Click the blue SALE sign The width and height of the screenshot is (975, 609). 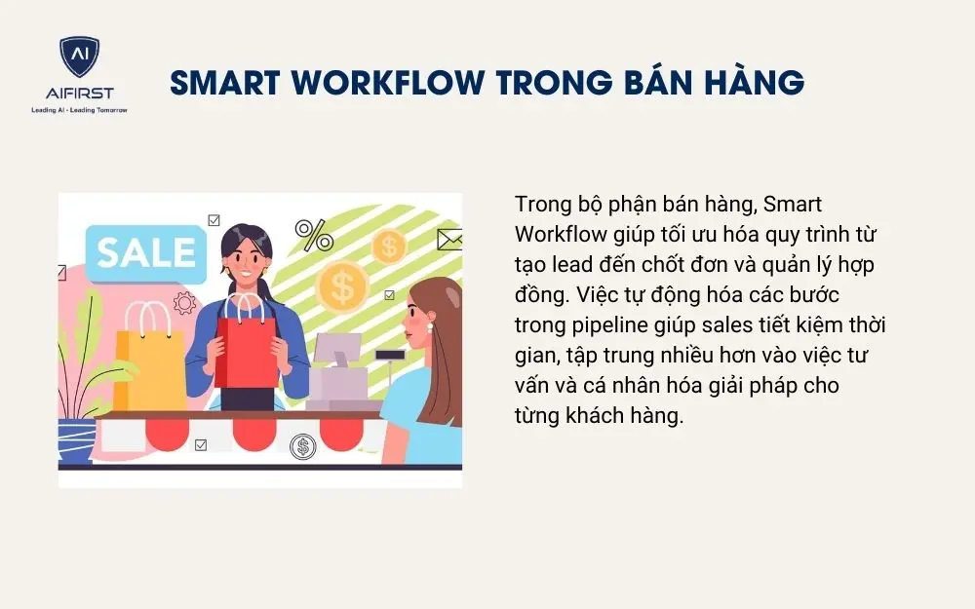pos(145,251)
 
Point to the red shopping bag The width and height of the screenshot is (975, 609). pos(247,351)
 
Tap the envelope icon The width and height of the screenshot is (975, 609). pos(448,238)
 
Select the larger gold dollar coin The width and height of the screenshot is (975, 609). pos(342,285)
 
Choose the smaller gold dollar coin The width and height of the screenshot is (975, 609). pos(389,246)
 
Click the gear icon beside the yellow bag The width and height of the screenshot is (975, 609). pos(184,303)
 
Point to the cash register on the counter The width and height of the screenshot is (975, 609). pos(340,375)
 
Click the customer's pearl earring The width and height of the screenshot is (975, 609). pos(428,328)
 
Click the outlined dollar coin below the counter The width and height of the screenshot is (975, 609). pos(303,446)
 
